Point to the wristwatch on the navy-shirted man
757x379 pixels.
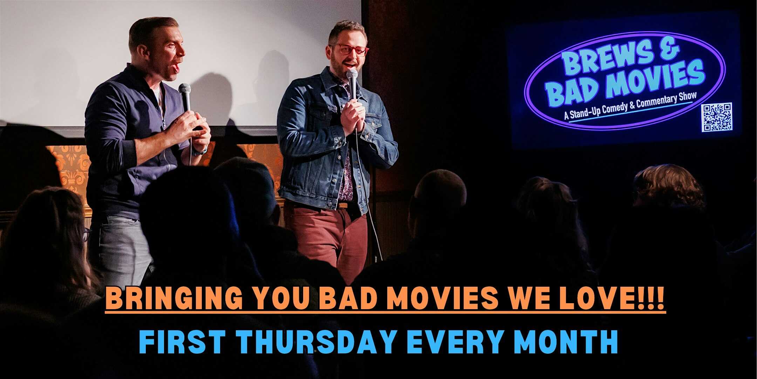[x=199, y=151]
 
